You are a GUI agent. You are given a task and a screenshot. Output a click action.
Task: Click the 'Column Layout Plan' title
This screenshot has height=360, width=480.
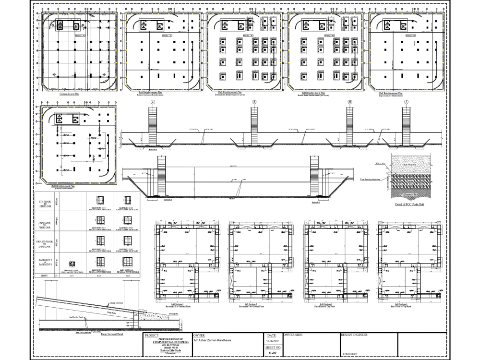click(70, 95)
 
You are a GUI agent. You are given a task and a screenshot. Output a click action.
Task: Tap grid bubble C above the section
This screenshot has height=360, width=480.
click(153, 102)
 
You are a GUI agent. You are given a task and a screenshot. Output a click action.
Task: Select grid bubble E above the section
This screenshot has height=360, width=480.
click(254, 102)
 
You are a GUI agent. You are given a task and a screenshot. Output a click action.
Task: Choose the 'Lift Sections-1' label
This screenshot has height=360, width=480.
click(178, 304)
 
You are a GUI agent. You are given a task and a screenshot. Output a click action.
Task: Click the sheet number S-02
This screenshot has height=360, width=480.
click(273, 353)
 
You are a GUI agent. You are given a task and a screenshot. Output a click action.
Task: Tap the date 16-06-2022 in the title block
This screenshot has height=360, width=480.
click(273, 340)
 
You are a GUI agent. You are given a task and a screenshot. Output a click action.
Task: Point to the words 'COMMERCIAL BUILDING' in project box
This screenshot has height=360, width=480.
click(168, 342)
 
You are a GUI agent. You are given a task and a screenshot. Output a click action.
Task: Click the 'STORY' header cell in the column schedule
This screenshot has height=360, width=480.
click(44, 276)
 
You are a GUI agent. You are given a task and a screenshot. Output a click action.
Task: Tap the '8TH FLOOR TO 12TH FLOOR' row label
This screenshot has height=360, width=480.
click(44, 203)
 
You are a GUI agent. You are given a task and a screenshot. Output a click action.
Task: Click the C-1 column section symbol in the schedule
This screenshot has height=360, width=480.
click(72, 264)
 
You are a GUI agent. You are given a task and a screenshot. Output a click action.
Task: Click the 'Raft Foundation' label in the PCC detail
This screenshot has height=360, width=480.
click(412, 164)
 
